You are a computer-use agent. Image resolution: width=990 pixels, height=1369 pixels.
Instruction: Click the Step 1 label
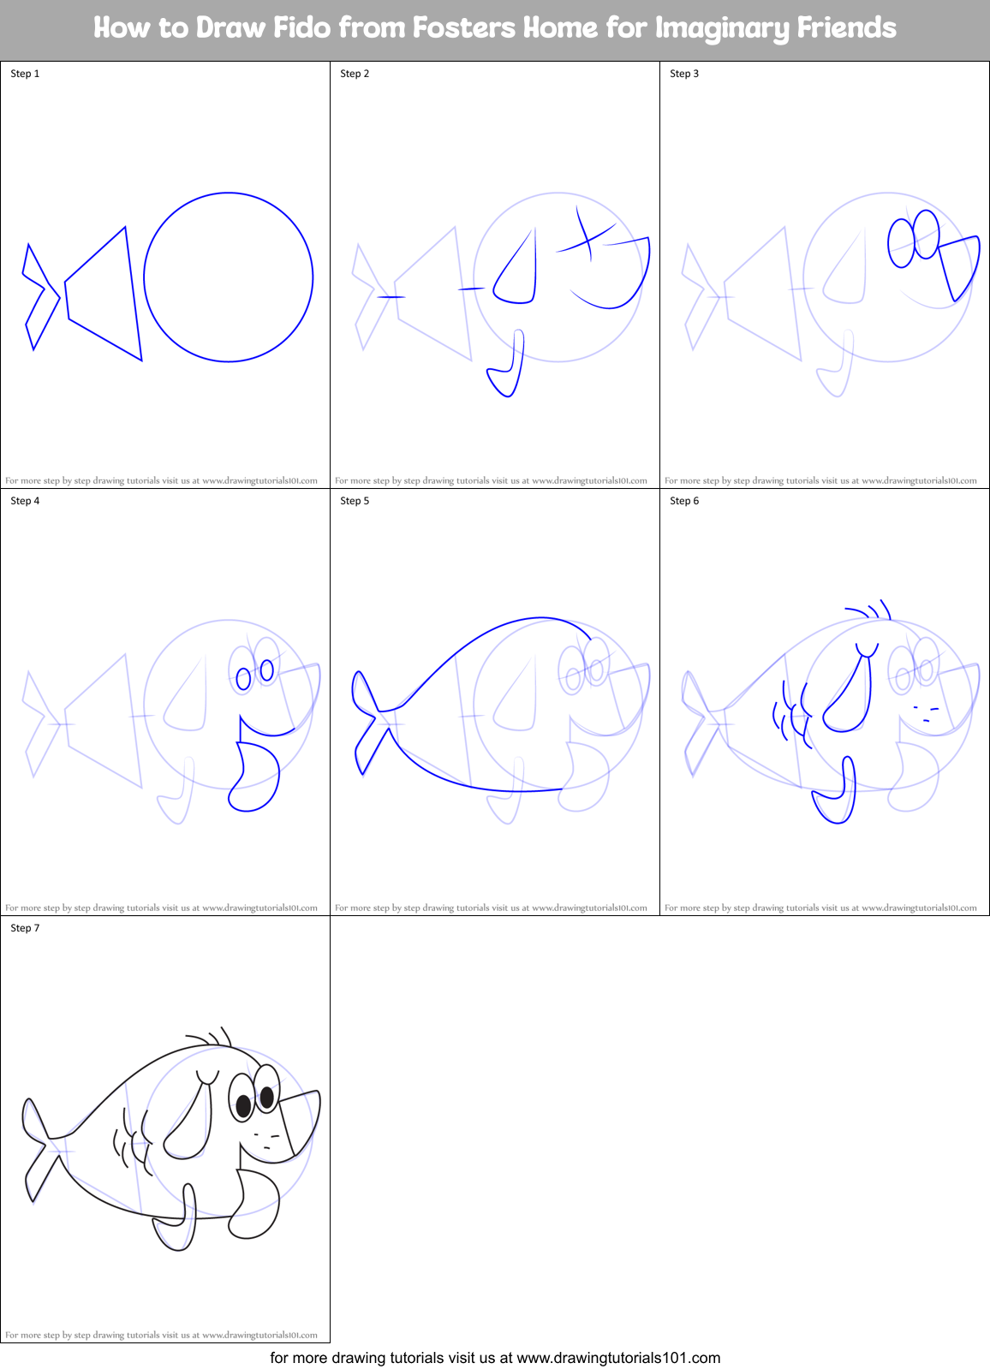25,74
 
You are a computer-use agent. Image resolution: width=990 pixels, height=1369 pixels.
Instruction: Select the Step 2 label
355,74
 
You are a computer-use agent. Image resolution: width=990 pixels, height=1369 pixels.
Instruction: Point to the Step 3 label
684,74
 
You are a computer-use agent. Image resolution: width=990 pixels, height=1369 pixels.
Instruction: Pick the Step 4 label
25,501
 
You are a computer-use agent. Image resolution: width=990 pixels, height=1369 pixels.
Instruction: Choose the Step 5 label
355,501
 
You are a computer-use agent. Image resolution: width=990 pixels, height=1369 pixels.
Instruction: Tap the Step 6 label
684,501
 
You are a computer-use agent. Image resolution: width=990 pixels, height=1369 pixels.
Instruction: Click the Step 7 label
25,928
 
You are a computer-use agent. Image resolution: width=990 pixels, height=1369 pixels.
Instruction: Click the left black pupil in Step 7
243,1105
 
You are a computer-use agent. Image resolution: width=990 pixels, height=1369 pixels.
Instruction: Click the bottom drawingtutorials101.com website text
618,1357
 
